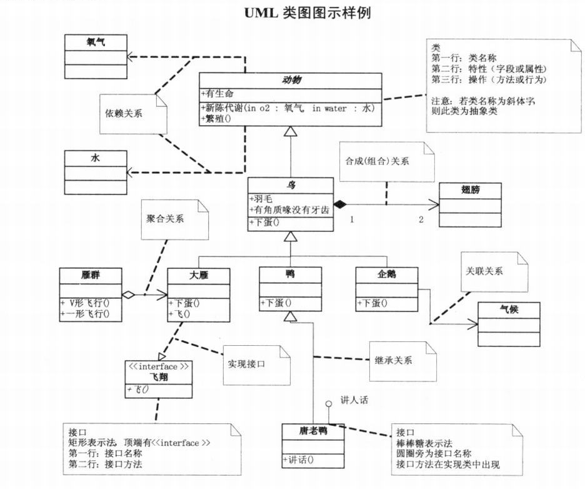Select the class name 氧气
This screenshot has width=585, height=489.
tap(95, 42)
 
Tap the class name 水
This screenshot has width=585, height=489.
tap(95, 158)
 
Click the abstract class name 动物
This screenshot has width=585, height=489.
tap(291, 80)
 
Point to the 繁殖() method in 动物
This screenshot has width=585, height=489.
tap(216, 118)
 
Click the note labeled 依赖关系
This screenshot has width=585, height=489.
tap(125, 114)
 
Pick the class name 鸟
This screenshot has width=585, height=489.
tap(291, 184)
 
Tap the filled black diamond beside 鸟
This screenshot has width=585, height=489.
tap(339, 204)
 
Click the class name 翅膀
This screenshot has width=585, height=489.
tap(470, 189)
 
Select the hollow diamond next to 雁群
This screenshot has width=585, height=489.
tap(129, 293)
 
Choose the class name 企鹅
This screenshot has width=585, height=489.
tap(386, 274)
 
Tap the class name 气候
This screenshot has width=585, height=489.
tap(509, 310)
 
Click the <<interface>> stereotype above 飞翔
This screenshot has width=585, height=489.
tap(158, 366)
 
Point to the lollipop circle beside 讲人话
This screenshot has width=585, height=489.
tap(327, 404)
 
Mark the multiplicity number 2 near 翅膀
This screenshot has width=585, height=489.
tap(421, 219)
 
